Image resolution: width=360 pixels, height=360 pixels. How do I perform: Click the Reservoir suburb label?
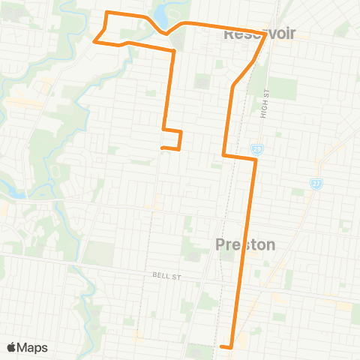259,33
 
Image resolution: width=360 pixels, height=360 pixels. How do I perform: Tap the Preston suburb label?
245,244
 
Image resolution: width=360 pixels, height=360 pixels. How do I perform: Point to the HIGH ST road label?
267,102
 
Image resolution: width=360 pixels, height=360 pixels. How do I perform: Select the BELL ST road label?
163,277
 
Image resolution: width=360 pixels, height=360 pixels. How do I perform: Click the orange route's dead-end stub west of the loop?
162,148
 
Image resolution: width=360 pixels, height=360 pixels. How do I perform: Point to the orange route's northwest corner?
105,13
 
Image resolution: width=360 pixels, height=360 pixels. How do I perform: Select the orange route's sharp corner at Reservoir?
266,33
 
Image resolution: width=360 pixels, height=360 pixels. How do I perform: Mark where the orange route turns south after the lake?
174,50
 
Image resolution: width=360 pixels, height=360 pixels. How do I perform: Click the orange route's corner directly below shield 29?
256,159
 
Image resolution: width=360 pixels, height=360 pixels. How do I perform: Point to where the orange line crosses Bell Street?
241,277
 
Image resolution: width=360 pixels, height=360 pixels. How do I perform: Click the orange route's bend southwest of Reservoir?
234,85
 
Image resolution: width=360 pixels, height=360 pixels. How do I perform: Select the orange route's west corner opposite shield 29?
223,155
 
